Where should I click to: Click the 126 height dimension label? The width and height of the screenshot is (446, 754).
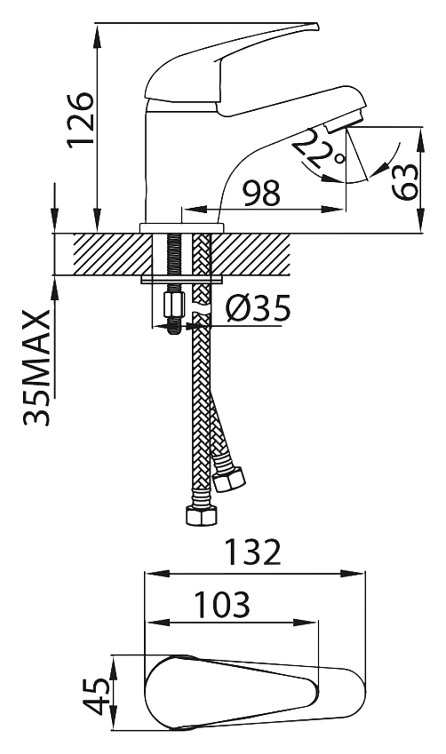(80, 119)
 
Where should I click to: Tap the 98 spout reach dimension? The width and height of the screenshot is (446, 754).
(261, 194)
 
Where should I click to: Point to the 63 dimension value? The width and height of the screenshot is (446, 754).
(404, 182)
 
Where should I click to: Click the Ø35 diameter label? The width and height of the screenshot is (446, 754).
(259, 308)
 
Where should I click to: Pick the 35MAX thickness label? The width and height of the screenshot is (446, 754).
(36, 368)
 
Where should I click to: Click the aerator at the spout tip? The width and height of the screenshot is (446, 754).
(343, 120)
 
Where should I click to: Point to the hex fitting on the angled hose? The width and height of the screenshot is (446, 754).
(229, 479)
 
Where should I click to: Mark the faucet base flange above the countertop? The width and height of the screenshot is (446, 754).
(182, 228)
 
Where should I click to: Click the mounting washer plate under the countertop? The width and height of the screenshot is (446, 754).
(183, 280)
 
